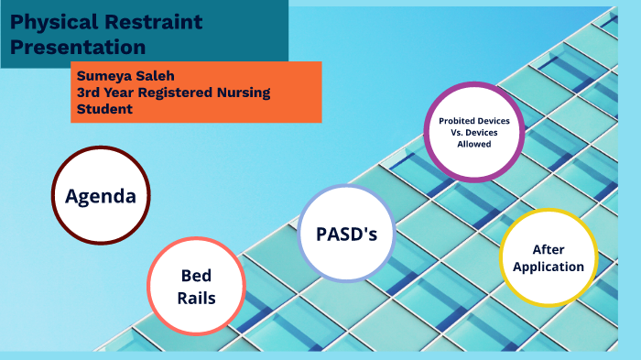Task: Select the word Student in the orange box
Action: [104, 109]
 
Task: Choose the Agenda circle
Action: [100, 196]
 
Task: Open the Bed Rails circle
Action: [196, 286]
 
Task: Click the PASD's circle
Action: [347, 234]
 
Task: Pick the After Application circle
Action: [548, 257]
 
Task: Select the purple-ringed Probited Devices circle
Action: [473, 132]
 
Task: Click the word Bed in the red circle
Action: [196, 276]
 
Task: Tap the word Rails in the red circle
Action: [196, 297]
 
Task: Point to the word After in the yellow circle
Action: [548, 248]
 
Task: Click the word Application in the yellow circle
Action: [548, 267]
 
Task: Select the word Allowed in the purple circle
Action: [474, 144]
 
